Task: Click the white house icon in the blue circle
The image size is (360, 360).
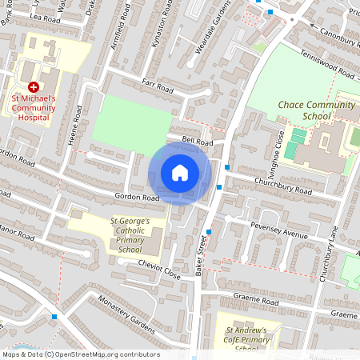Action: [x=180, y=173]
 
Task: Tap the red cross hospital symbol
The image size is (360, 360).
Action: [x=33, y=86]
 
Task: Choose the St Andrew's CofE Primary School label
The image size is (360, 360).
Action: [x=251, y=338]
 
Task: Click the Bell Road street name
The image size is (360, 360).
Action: [x=197, y=141]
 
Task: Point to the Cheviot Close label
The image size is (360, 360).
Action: [x=158, y=267]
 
